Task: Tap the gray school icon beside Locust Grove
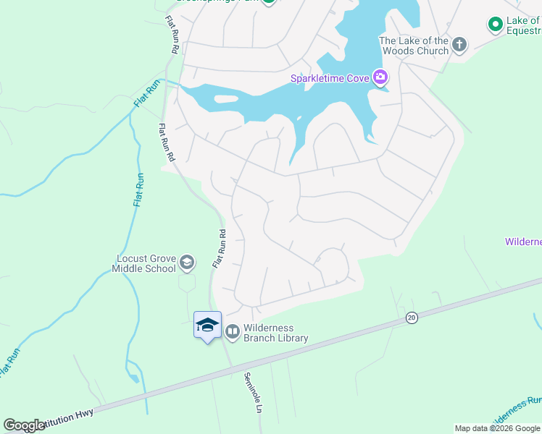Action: [187, 262]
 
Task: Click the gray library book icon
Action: [233, 332]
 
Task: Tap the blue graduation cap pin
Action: [207, 325]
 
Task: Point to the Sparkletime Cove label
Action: [330, 78]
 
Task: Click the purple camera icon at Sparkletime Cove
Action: [380, 77]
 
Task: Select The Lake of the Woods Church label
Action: [414, 46]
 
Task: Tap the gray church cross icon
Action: [459, 45]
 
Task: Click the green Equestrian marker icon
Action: [496, 25]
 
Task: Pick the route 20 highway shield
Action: [412, 318]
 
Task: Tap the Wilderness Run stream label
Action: [516, 410]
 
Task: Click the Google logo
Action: [24, 425]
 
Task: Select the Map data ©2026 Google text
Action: [497, 428]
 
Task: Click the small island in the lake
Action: [227, 99]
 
